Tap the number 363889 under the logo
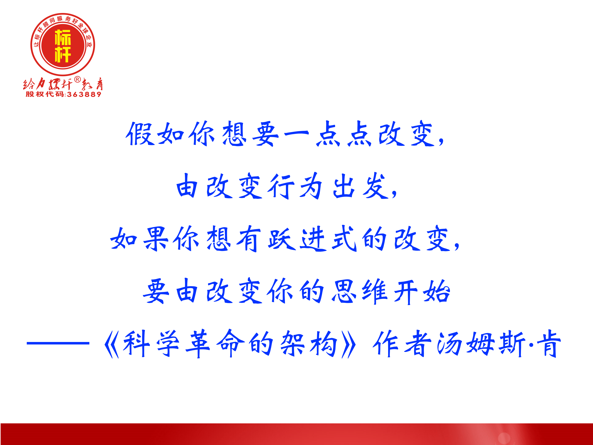(x=84, y=94)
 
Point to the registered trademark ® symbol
(x=77, y=79)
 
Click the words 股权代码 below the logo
(x=45, y=94)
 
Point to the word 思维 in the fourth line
(x=359, y=291)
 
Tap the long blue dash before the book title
(x=58, y=343)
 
